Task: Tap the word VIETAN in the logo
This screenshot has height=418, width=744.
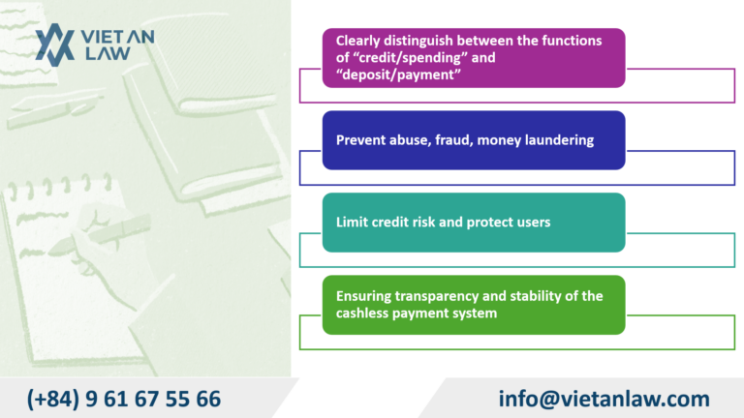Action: pos(115,35)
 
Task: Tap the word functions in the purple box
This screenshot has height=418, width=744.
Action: pos(543,41)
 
